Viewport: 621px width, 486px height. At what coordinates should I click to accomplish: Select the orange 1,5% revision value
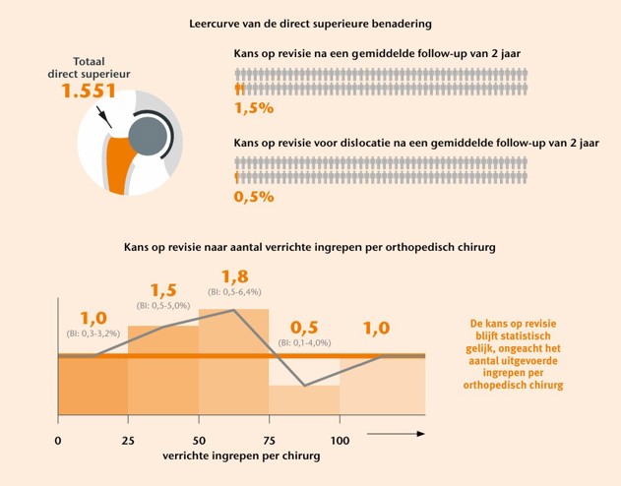pyautogui.click(x=253, y=106)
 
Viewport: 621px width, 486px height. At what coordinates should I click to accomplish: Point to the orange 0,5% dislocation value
pyautogui.click(x=253, y=196)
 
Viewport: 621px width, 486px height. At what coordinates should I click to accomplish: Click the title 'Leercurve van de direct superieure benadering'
pyautogui.click(x=310, y=21)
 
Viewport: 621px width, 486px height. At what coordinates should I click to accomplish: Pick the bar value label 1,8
pyautogui.click(x=235, y=276)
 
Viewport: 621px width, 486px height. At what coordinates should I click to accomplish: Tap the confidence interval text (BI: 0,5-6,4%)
pyautogui.click(x=234, y=292)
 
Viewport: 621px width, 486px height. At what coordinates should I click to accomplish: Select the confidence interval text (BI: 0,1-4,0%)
pyautogui.click(x=304, y=342)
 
